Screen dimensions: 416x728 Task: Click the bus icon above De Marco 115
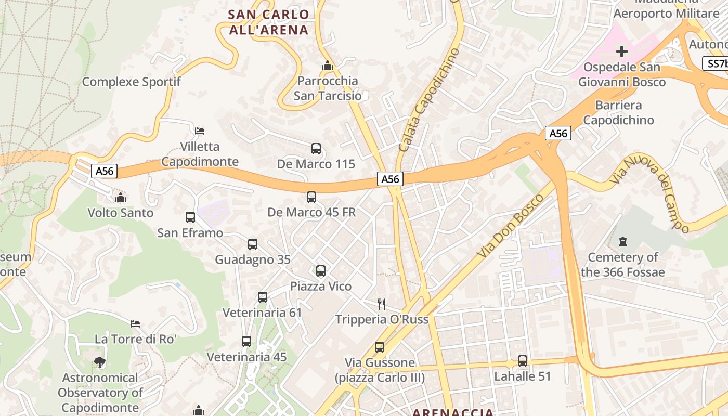(316, 149)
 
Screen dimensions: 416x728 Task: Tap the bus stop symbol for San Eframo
(190, 217)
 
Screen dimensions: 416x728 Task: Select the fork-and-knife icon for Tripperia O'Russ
(382, 304)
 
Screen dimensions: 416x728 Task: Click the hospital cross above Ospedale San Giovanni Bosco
(622, 51)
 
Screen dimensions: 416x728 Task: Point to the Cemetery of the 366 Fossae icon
(623, 242)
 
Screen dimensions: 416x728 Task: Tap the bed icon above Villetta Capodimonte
(200, 131)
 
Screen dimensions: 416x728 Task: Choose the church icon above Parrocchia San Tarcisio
(328, 66)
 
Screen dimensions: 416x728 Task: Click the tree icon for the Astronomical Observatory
(100, 362)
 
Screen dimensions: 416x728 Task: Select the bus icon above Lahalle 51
(523, 360)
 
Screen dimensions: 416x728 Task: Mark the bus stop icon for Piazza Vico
(321, 270)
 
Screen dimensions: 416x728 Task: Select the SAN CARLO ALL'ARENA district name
(269, 22)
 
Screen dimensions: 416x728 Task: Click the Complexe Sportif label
(131, 82)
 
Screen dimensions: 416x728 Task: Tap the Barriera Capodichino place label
(618, 112)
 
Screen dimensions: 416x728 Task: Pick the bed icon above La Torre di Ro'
(135, 323)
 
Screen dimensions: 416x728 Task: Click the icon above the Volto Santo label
(121, 198)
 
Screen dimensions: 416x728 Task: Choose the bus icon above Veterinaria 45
(246, 342)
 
